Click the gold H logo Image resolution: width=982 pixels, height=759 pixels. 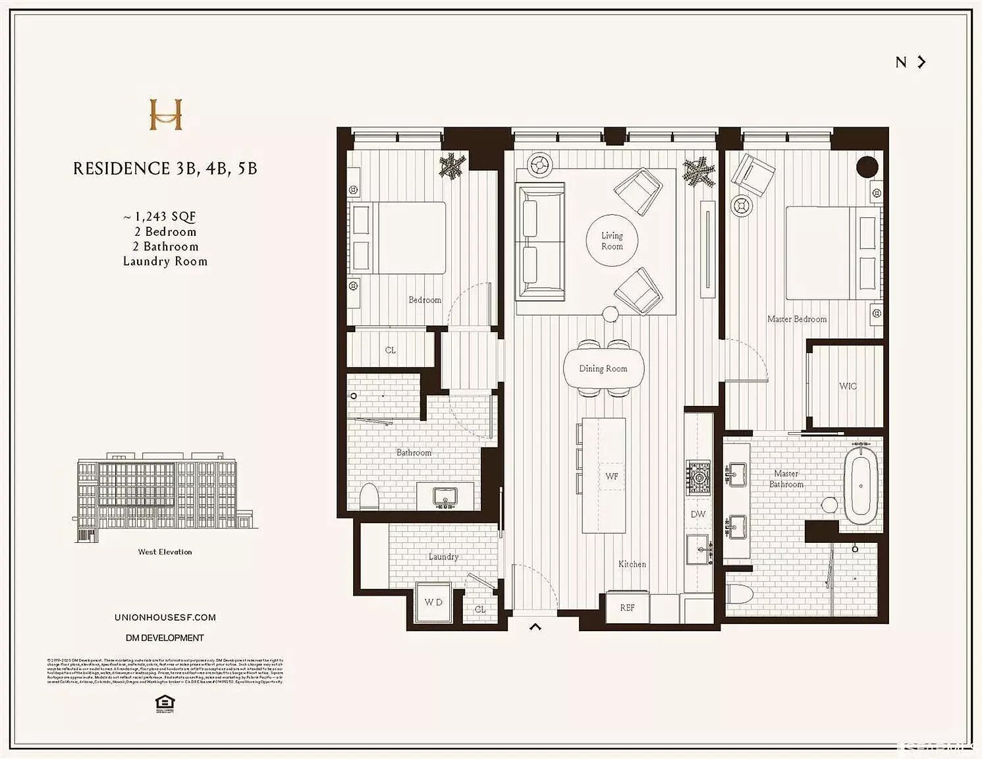click(x=165, y=114)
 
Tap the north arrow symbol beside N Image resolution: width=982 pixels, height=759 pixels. click(x=922, y=62)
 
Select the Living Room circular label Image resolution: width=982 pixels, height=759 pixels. click(x=612, y=240)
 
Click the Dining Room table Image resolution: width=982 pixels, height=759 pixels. click(x=603, y=369)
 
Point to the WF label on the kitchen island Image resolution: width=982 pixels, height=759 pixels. click(x=612, y=476)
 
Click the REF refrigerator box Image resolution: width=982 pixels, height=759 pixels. click(x=627, y=607)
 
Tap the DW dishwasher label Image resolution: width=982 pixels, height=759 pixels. click(x=698, y=514)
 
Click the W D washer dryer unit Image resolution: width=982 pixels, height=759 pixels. click(x=433, y=602)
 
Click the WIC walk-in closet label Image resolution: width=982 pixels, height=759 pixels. click(x=848, y=386)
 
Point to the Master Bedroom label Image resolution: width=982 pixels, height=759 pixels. click(x=797, y=319)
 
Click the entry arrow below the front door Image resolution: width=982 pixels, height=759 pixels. click(x=535, y=627)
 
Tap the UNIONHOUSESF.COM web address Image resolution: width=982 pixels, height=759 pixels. click(x=165, y=617)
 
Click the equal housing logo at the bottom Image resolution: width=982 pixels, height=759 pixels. click(x=165, y=703)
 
